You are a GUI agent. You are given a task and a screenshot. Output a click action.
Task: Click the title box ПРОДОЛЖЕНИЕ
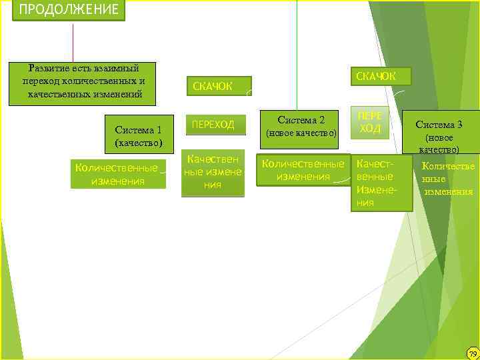tap(69, 10)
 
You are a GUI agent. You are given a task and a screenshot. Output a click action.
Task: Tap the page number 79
tap(472, 353)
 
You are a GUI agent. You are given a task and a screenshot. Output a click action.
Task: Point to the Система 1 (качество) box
tap(139, 136)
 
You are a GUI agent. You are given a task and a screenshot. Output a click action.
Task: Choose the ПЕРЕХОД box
tap(213, 124)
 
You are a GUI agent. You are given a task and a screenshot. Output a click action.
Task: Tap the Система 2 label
tap(301, 121)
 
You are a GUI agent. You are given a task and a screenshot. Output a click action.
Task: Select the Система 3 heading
tap(439, 124)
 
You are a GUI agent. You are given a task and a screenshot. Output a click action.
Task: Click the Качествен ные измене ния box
tap(213, 172)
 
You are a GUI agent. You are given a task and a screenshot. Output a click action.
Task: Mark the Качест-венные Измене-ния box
tap(382, 183)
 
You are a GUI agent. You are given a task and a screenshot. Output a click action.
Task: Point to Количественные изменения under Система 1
tap(117, 174)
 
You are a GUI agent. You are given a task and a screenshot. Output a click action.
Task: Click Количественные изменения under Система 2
tap(303, 170)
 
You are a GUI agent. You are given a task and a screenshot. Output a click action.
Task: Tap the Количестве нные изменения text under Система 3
tap(448, 179)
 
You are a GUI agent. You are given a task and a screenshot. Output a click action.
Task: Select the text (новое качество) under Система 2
tap(301, 134)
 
